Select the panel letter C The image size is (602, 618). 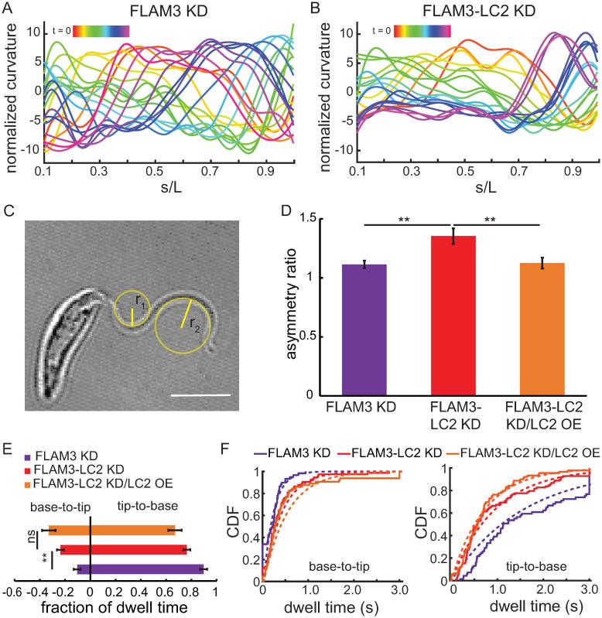click(x=9, y=210)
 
